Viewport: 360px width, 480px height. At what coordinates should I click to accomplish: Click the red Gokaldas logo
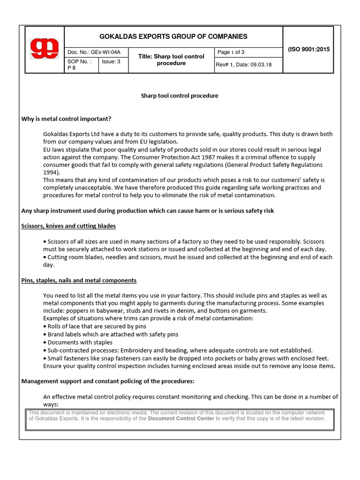(x=44, y=49)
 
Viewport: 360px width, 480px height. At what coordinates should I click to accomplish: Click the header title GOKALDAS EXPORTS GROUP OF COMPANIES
(x=173, y=37)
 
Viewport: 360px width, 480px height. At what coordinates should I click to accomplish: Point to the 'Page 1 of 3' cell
(x=231, y=52)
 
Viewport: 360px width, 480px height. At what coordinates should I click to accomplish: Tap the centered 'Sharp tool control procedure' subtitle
(x=180, y=96)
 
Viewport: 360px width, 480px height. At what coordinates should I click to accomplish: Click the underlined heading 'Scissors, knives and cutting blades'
(x=68, y=226)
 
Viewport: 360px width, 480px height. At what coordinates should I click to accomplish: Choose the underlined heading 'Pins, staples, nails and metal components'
(x=79, y=280)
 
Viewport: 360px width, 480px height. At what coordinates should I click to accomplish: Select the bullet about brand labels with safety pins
(x=112, y=334)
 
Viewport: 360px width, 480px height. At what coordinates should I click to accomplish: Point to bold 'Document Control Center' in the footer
(x=181, y=419)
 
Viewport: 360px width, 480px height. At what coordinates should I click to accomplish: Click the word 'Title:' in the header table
(x=147, y=56)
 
